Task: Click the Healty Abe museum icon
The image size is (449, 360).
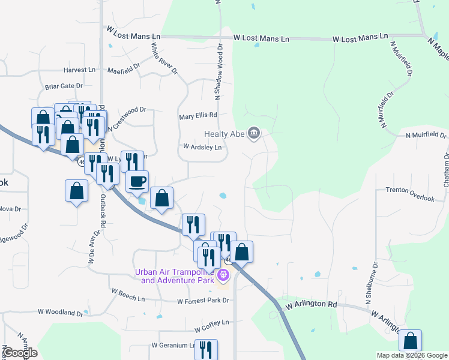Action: [x=254, y=133]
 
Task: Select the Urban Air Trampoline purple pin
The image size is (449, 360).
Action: [x=223, y=276]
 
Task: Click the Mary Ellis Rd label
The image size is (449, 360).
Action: [x=197, y=116]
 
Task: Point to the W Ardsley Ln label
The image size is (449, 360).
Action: [x=202, y=147]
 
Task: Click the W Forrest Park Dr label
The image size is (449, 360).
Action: [x=203, y=301]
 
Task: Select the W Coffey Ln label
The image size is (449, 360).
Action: [x=212, y=322]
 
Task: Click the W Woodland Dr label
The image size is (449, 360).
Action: [x=60, y=313]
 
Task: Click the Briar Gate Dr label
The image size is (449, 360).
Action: [x=62, y=86]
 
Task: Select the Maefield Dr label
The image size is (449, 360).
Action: [x=124, y=70]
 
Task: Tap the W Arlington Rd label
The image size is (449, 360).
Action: [x=311, y=305]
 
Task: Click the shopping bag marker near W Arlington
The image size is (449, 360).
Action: [x=411, y=341]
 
